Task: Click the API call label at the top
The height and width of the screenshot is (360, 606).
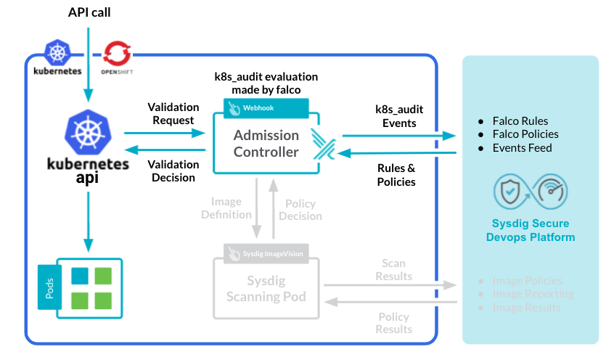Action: coord(89,12)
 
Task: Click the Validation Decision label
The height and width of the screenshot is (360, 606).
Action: coord(173,171)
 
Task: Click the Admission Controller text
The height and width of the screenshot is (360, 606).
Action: coord(266,144)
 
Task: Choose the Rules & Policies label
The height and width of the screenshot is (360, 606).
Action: coord(396,174)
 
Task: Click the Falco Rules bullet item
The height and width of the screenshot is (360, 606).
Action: coord(520,121)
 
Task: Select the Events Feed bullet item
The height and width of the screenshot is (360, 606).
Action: coord(522,147)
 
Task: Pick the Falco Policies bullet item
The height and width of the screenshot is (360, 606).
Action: coord(525,134)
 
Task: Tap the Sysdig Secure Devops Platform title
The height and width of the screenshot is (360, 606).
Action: coord(531,230)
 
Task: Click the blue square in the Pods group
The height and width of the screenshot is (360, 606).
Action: coord(80,276)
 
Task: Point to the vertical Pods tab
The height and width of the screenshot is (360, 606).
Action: coord(48,287)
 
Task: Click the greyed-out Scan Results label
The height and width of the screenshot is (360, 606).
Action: coord(394,269)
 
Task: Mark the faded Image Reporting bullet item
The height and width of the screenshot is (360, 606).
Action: coord(533,294)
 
